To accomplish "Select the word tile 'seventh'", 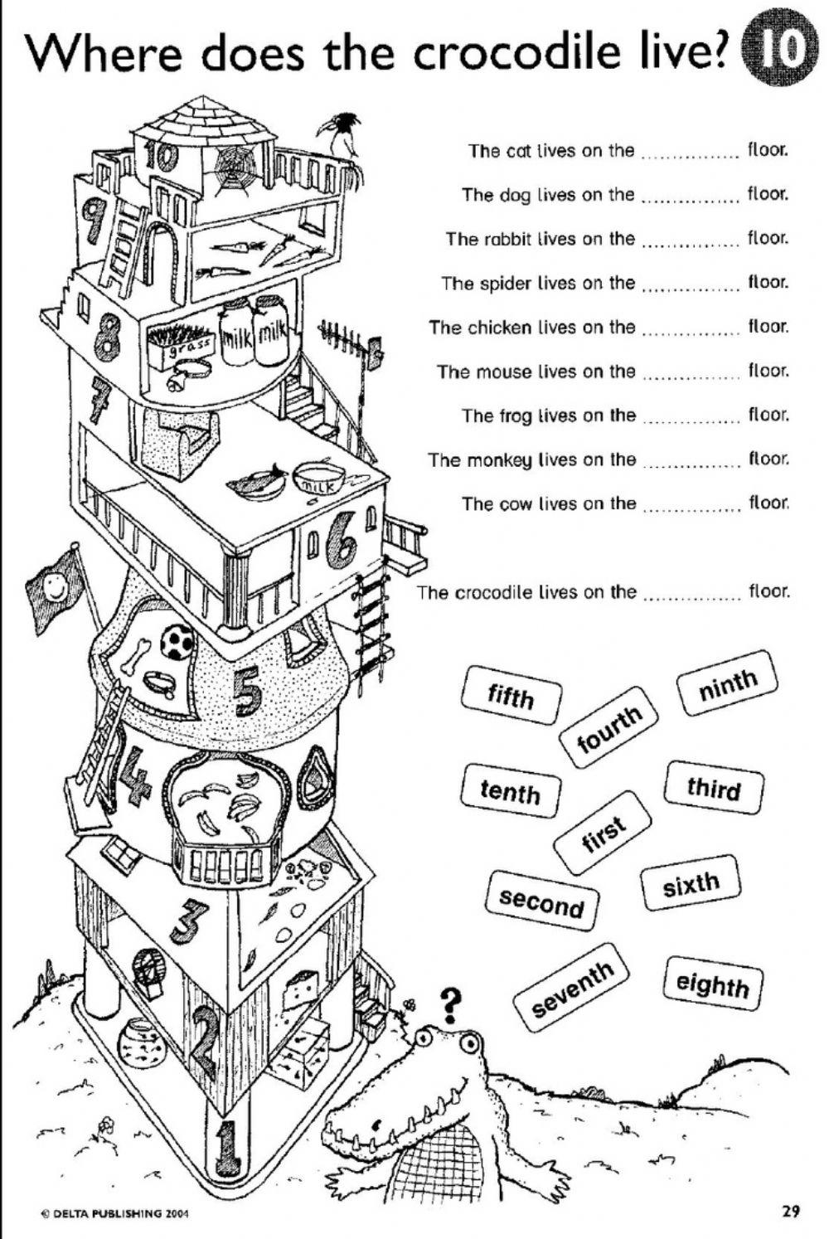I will pyautogui.click(x=572, y=988).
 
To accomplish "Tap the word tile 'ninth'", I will pyautogui.click(x=729, y=683).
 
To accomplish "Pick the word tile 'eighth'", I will pyautogui.click(x=712, y=984).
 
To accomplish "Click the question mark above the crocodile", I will pyautogui.click(x=450, y=1004).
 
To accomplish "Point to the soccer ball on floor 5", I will pyautogui.click(x=178, y=641).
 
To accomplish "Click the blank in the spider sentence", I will pyautogui.click(x=691, y=285).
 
